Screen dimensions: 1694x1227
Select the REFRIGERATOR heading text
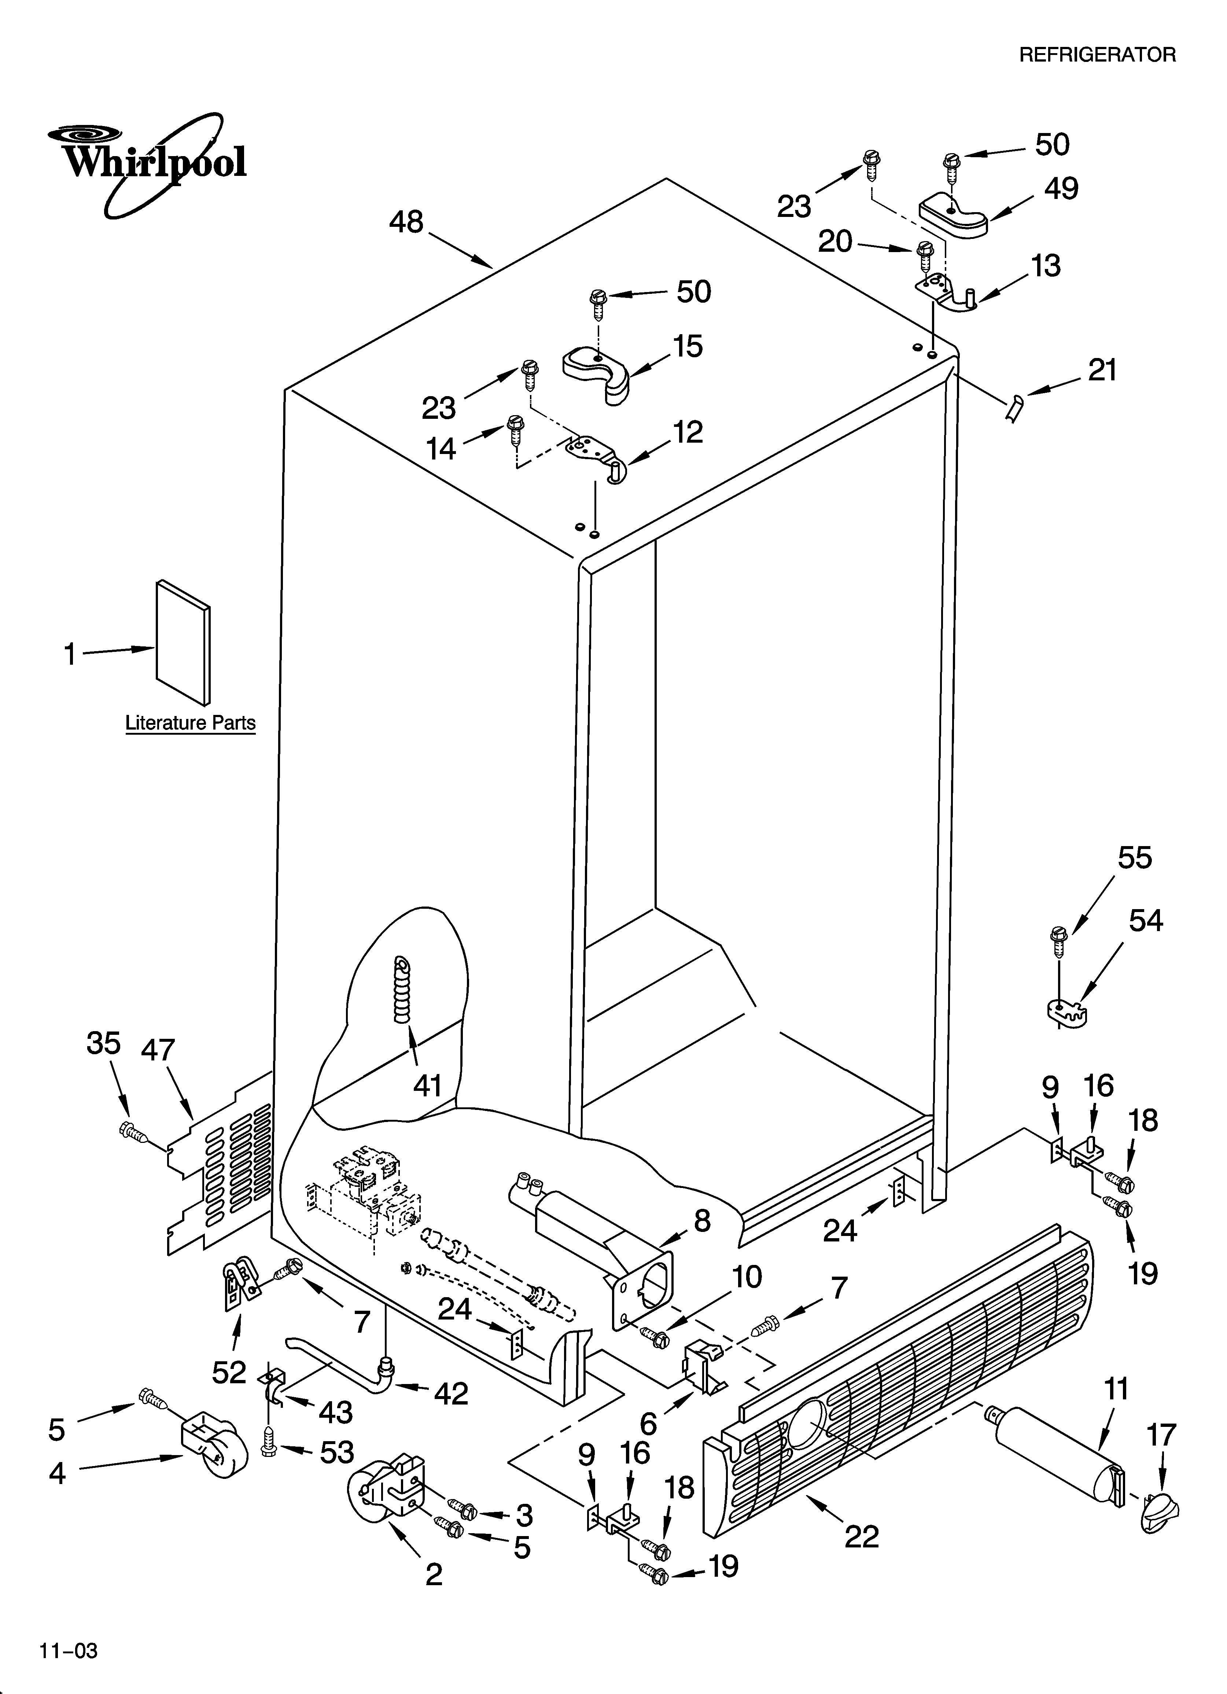(x=1097, y=55)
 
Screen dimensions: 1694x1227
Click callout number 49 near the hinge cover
(x=1061, y=188)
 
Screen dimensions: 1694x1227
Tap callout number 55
(x=1134, y=857)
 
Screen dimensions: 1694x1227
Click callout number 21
(x=1102, y=370)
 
